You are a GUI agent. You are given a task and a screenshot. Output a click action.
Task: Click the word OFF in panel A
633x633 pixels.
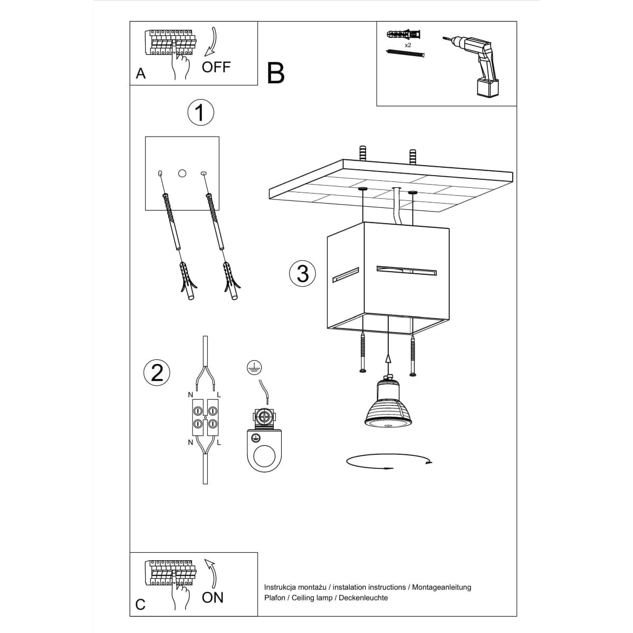pyautogui.click(x=216, y=67)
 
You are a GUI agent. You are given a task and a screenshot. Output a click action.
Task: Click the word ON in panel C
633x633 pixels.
pyautogui.click(x=213, y=598)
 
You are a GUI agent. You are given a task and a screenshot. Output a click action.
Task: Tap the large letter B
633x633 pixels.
pyautogui.click(x=275, y=73)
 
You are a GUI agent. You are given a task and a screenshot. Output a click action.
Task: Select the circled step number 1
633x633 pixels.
pyautogui.click(x=200, y=112)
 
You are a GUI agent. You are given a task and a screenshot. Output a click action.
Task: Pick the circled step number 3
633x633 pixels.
pyautogui.click(x=303, y=274)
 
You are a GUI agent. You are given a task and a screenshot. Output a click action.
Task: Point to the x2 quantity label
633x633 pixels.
pyautogui.click(x=408, y=45)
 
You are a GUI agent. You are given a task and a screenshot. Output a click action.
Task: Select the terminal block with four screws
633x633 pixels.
pyautogui.click(x=205, y=417)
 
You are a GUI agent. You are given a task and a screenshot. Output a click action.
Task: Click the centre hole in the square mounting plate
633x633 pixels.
pyautogui.click(x=182, y=173)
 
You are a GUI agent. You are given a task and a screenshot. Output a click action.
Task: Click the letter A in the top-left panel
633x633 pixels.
pyautogui.click(x=140, y=74)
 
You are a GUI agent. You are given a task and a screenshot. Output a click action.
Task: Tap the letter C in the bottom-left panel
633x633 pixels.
pyautogui.click(x=140, y=604)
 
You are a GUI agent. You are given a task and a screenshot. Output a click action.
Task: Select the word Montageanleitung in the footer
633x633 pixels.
pyautogui.click(x=442, y=587)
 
